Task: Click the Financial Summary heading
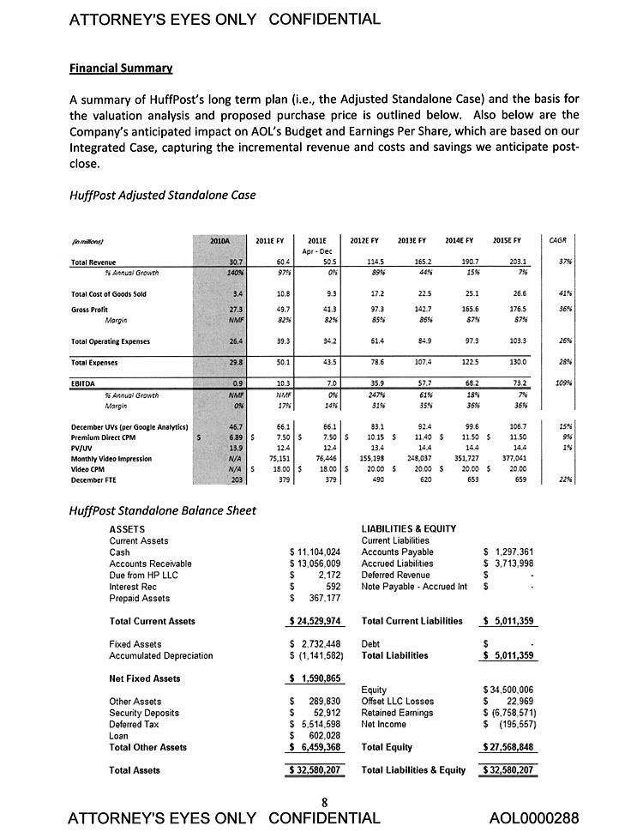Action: coord(121,67)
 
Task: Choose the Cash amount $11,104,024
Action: coord(316,552)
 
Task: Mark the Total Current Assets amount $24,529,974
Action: coord(316,621)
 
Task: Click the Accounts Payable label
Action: coord(397,552)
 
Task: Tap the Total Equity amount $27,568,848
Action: coord(509,747)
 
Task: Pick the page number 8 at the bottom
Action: coord(325,803)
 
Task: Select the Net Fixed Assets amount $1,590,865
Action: coord(316,678)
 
